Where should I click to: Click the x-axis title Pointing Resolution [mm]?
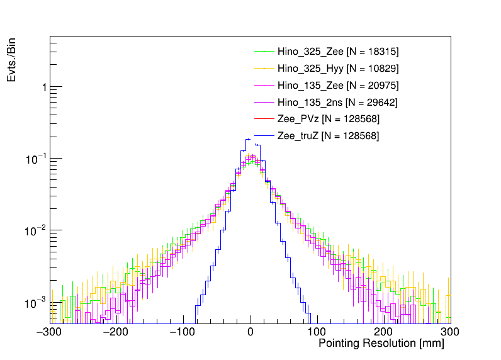(381, 344)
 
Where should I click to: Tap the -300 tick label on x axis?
(50, 332)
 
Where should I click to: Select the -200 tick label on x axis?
(117, 332)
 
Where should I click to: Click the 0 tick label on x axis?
(250, 332)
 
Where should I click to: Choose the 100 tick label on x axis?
(317, 332)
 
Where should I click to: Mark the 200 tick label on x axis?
(384, 332)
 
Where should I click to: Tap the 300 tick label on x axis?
(449, 332)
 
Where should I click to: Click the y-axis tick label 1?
(43, 87)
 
